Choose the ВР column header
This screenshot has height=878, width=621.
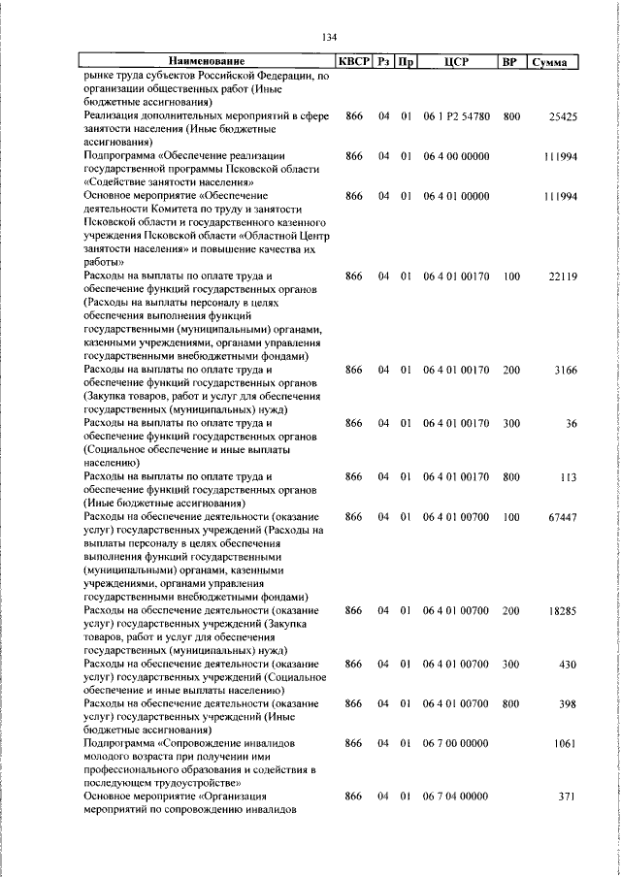click(x=508, y=63)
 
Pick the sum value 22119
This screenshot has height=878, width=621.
click(x=563, y=276)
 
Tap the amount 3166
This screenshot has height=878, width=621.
click(x=566, y=370)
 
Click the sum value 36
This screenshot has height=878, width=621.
click(x=572, y=423)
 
